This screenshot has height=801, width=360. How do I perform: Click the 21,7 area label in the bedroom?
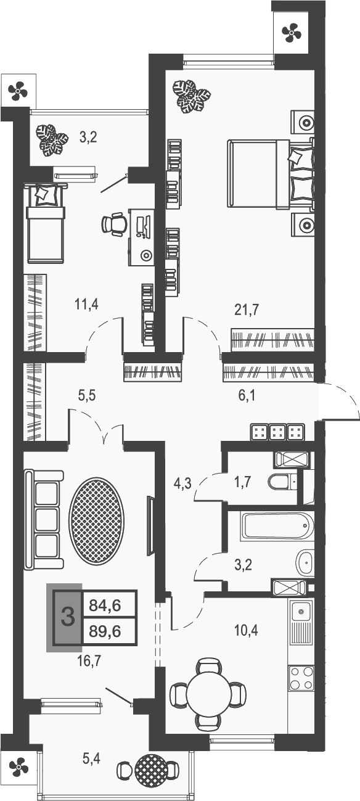click(245, 310)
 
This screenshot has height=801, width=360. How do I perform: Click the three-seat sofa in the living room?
click(44, 519)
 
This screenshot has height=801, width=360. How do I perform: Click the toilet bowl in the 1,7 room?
click(281, 482)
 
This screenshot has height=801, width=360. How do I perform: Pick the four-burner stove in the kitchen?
click(301, 678)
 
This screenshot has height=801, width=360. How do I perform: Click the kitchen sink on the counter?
click(301, 612)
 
